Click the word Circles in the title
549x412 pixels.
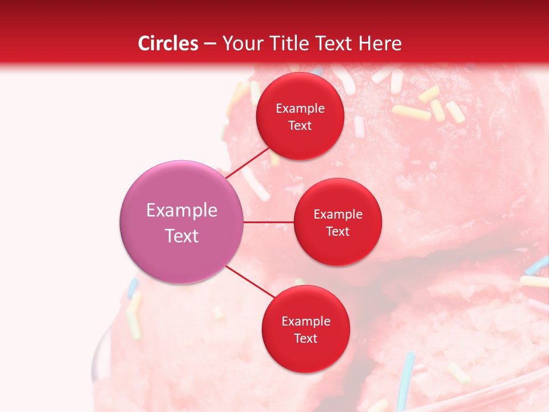click(x=168, y=43)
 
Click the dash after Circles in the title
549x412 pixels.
click(x=209, y=44)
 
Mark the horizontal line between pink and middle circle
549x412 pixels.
click(x=268, y=222)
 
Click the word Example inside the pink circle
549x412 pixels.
click(x=182, y=211)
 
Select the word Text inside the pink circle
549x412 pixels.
click(x=182, y=236)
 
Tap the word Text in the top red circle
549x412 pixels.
click(x=300, y=126)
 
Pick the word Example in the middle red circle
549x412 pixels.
click(x=337, y=215)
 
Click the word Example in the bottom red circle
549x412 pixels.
click(x=305, y=322)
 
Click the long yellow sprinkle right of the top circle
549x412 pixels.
click(x=411, y=112)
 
